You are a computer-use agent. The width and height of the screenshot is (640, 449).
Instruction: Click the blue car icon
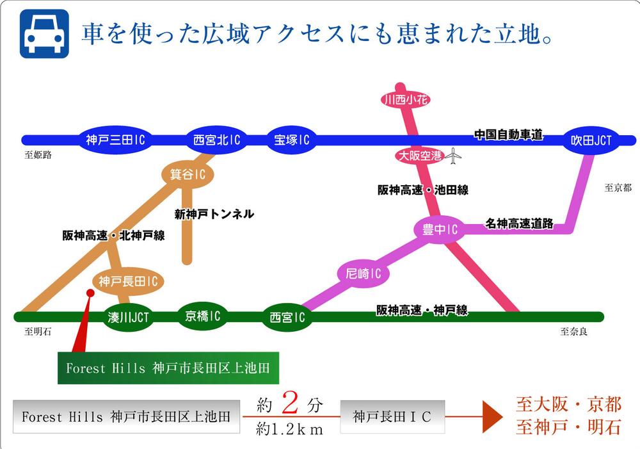pyautogui.click(x=44, y=34)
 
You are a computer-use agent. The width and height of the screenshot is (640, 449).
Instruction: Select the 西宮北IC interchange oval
pyautogui.click(x=216, y=140)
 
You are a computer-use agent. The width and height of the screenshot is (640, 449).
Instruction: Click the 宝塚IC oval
pyautogui.click(x=291, y=140)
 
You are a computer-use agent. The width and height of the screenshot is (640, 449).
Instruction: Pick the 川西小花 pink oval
pyautogui.click(x=404, y=99)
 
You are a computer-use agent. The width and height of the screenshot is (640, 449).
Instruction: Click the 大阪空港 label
pyautogui.click(x=419, y=156)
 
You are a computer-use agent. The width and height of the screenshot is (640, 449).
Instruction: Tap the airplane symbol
pyautogui.click(x=453, y=156)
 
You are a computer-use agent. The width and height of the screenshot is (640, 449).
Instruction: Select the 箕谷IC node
pyautogui.click(x=187, y=174)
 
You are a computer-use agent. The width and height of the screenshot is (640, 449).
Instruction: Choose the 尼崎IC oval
pyautogui.click(x=363, y=274)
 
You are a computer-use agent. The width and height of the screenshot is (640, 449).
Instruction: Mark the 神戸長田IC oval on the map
pyautogui.click(x=128, y=281)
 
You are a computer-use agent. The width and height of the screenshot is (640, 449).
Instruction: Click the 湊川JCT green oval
pyautogui.click(x=129, y=316)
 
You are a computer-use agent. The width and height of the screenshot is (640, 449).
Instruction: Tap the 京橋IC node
pyautogui.click(x=203, y=316)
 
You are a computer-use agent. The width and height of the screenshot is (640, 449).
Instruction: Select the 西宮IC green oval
pyautogui.click(x=286, y=317)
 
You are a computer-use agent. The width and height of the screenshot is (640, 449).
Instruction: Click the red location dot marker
pyautogui.click(x=90, y=293)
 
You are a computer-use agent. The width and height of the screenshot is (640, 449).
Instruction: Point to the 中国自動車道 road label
pyautogui.click(x=508, y=135)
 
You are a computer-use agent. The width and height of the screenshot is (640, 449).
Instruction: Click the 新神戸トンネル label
pyautogui.click(x=214, y=214)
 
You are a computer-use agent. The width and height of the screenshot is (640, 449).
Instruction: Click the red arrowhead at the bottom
pyautogui.click(x=492, y=418)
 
